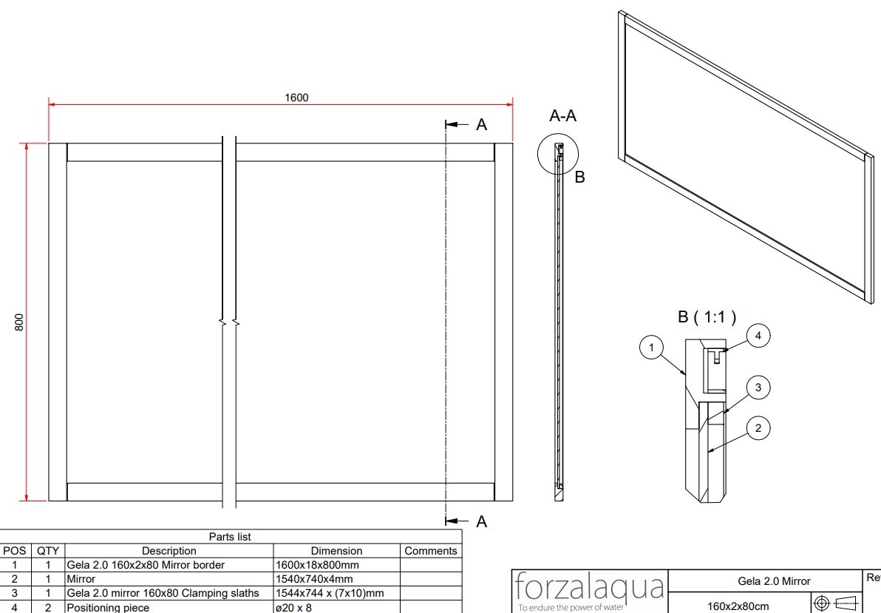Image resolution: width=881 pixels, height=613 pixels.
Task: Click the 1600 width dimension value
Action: pos(296,98)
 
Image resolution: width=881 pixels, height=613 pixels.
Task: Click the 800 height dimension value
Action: pos(19,322)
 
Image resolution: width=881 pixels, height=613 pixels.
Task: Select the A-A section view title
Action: pos(562,116)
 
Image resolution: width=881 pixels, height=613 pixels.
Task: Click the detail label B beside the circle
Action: pos(580,177)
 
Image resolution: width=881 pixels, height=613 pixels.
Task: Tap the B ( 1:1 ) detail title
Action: pos(707,317)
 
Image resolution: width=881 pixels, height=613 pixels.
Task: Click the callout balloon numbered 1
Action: pos(651,348)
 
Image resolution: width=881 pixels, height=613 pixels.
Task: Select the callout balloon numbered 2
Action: pos(758,429)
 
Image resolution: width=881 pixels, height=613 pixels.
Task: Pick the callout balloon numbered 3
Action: pos(758,387)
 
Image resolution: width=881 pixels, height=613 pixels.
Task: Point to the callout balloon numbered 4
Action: pos(758,336)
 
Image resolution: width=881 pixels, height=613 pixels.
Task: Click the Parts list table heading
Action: pos(230,537)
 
